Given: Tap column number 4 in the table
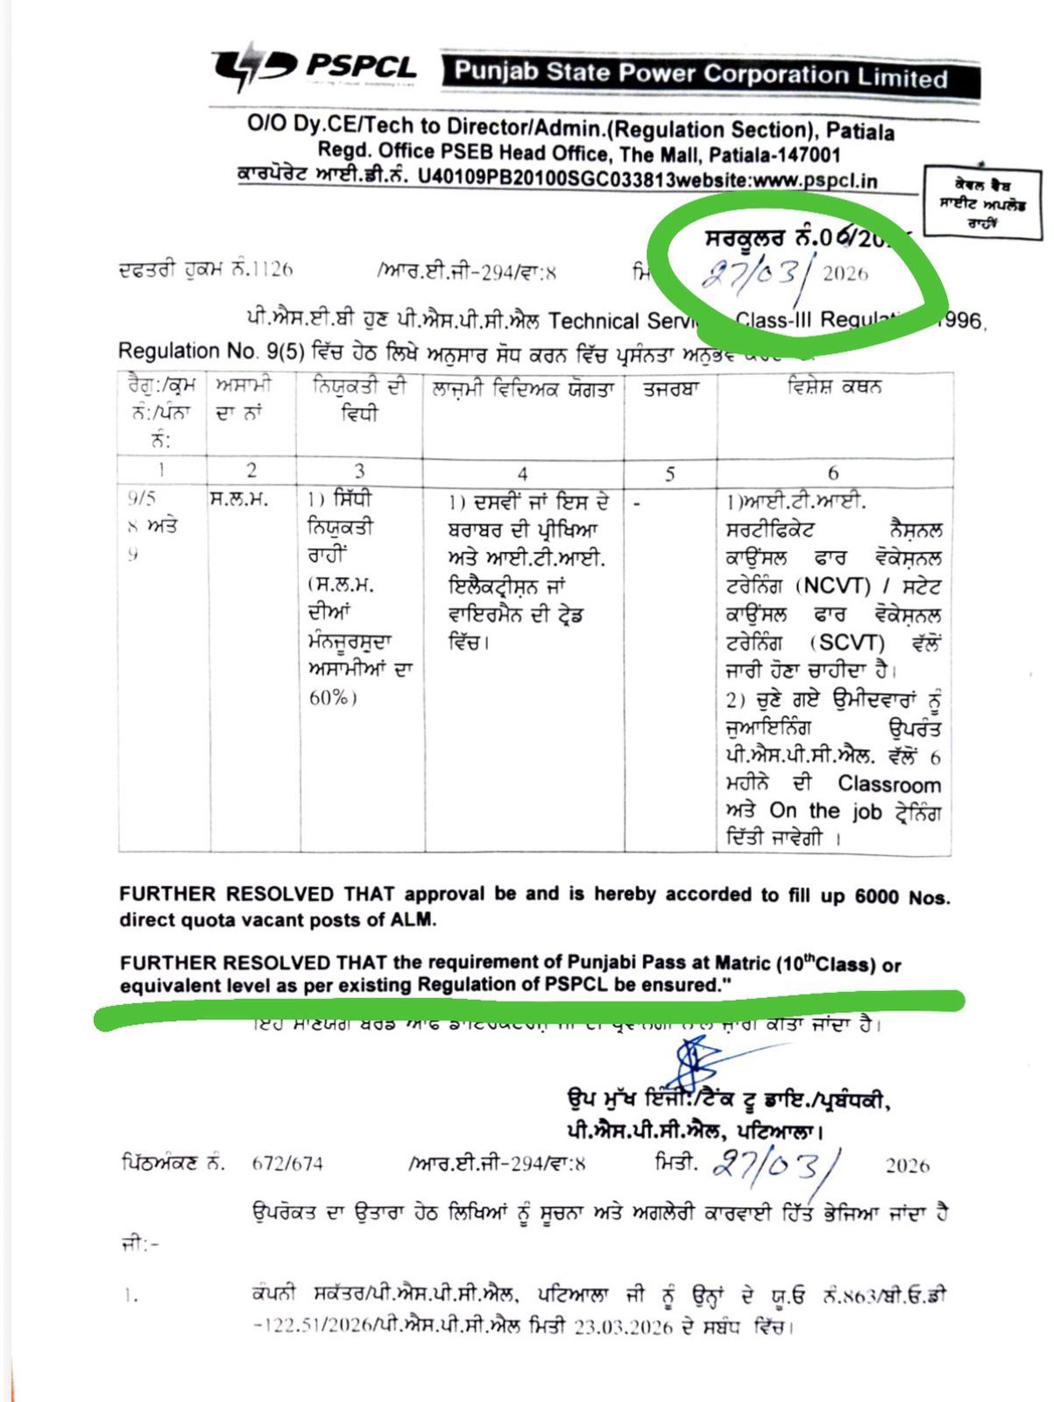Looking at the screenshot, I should [522, 474].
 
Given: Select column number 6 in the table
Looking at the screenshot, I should [832, 473].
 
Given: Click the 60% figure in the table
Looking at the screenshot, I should [332, 698].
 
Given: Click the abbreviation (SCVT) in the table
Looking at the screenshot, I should [847, 642].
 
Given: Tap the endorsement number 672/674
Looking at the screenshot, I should [286, 1164].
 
